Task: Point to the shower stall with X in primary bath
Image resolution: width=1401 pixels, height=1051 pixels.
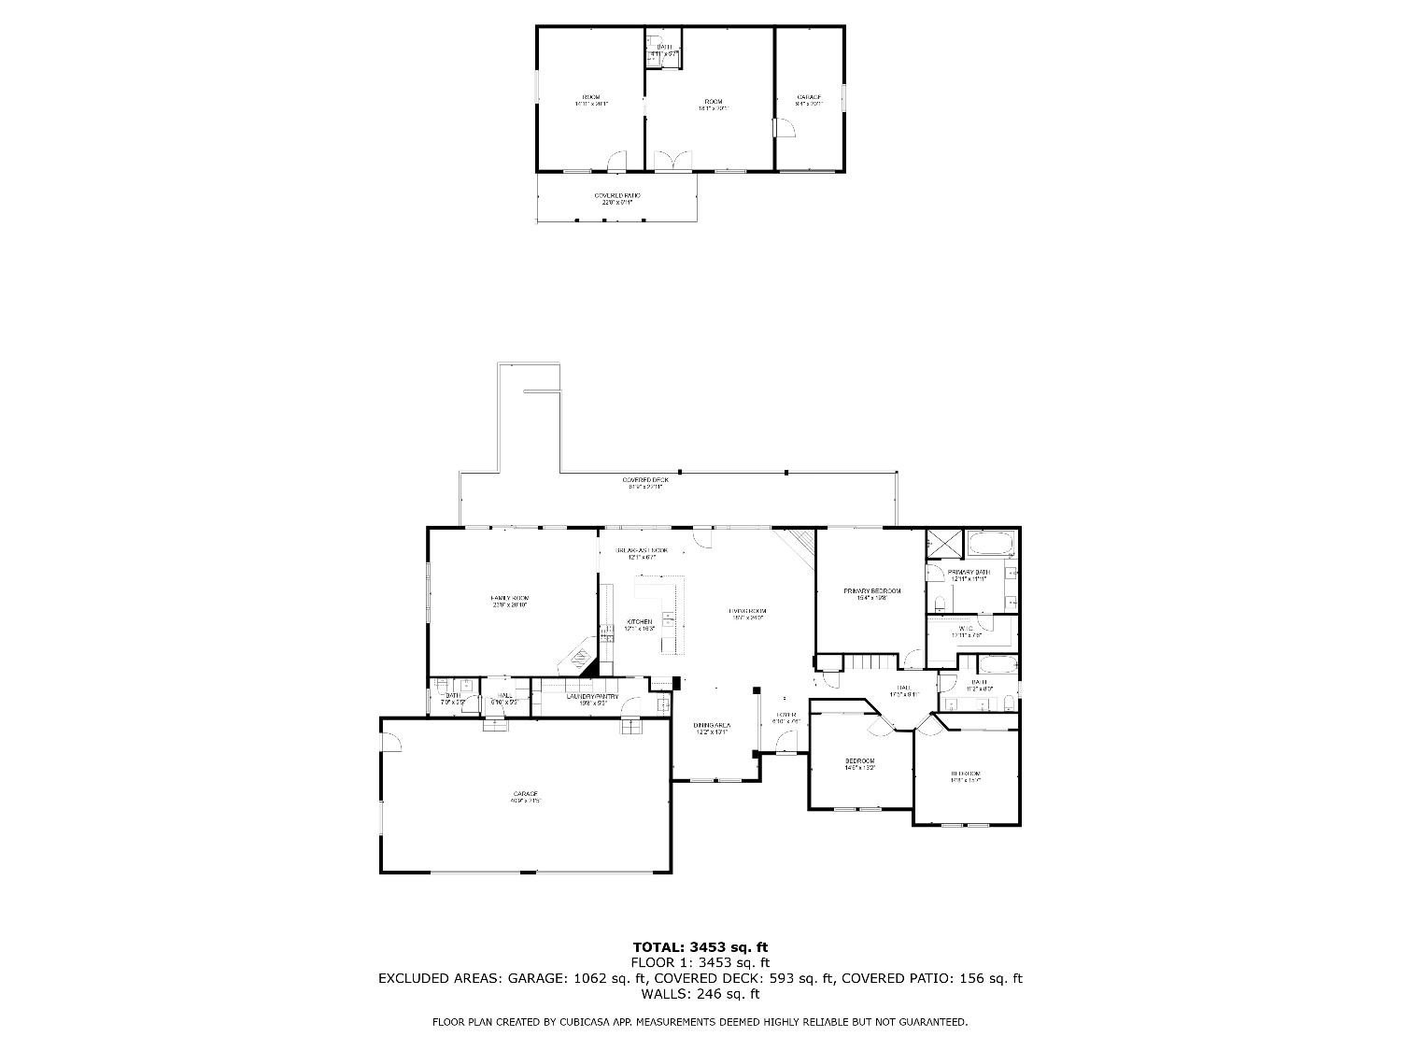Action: click(938, 543)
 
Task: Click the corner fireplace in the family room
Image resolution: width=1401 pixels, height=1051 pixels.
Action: click(580, 660)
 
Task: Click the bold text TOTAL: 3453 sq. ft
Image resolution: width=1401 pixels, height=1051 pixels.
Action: click(700, 947)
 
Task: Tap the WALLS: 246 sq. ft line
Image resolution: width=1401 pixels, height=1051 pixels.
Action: click(700, 994)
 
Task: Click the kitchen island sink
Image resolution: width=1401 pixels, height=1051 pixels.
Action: click(669, 618)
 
